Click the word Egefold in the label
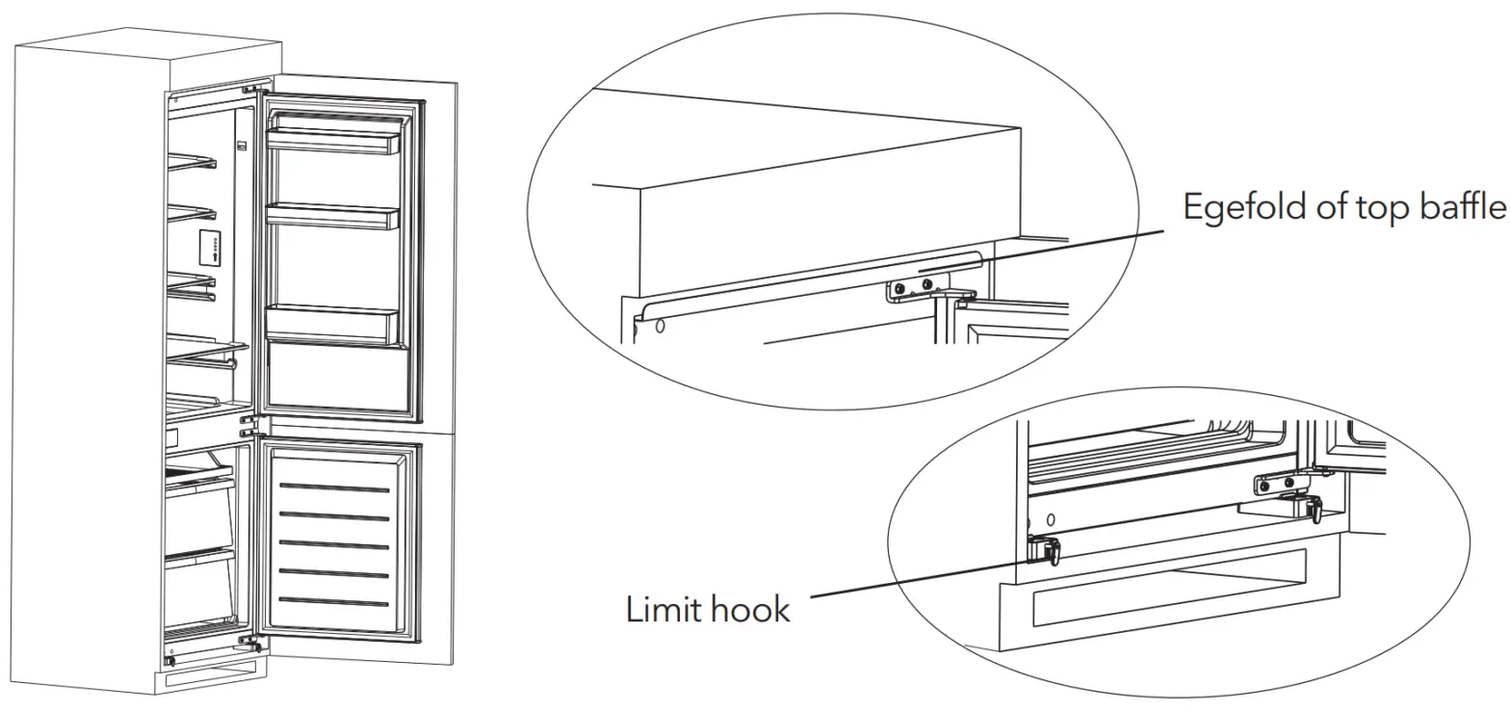[1243, 208]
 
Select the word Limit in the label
[666, 609]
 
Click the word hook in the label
[750, 609]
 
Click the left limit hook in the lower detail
[1045, 550]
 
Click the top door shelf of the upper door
[332, 141]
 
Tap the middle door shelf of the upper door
[332, 218]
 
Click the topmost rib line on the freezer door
[334, 488]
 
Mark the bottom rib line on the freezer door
[334, 603]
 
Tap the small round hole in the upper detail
[661, 326]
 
